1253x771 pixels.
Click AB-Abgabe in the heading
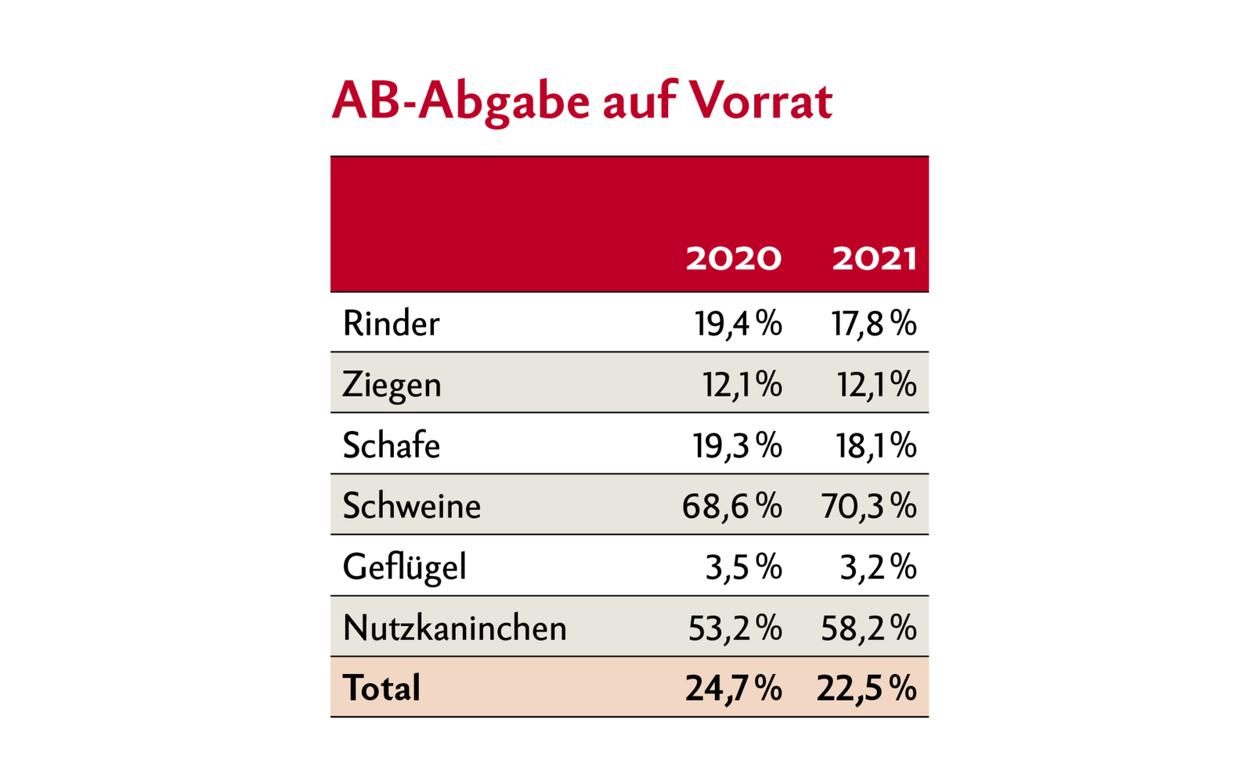(x=460, y=102)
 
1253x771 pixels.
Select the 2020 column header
(x=733, y=258)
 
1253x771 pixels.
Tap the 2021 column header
(x=874, y=258)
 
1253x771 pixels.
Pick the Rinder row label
(x=391, y=323)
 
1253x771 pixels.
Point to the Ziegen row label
(x=392, y=384)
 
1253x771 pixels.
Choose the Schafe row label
(x=391, y=445)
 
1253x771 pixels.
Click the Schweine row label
(x=411, y=505)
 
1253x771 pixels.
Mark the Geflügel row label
(x=404, y=567)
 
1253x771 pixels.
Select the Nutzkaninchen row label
(x=454, y=628)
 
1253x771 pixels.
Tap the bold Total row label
(x=381, y=688)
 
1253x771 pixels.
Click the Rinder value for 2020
(x=738, y=323)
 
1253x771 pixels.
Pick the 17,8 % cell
(x=873, y=323)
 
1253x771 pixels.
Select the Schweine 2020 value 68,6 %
(x=731, y=506)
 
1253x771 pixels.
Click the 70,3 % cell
(x=868, y=506)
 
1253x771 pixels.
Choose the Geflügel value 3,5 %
(x=743, y=567)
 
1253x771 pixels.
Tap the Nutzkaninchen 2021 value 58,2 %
(x=868, y=628)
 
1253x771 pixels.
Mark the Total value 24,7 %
(x=733, y=688)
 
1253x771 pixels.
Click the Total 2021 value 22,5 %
(x=866, y=688)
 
